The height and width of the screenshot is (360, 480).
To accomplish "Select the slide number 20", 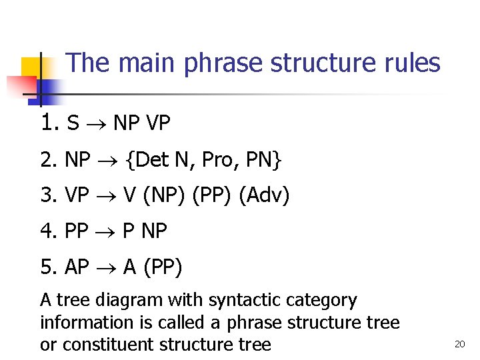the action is point(459,344).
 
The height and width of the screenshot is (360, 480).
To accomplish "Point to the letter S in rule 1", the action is point(73,124).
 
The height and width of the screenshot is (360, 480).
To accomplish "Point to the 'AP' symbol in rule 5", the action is point(77,267).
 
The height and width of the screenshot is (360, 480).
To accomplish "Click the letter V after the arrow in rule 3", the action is point(129,196).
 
